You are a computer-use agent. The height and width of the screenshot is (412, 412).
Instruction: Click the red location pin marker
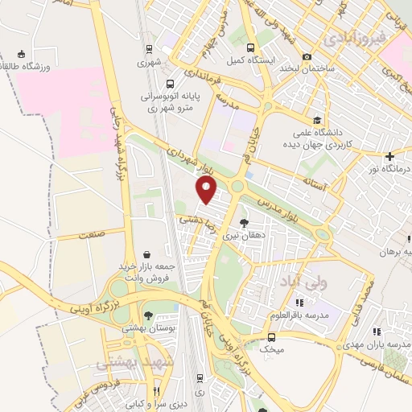click(x=208, y=190)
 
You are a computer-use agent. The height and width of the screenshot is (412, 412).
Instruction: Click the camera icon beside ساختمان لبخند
click(x=307, y=57)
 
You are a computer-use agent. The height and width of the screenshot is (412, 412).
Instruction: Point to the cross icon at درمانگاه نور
click(x=389, y=156)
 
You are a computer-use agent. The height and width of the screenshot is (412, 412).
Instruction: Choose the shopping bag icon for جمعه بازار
click(x=145, y=254)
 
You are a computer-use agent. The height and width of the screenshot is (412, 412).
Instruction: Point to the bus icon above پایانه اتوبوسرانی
click(x=170, y=84)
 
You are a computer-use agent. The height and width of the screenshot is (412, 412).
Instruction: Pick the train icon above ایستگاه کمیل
click(x=250, y=47)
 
